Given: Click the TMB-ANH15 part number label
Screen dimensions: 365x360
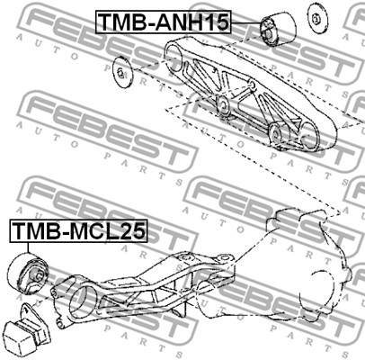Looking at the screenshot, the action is click(x=164, y=22).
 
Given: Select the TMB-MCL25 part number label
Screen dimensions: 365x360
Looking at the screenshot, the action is click(x=79, y=230).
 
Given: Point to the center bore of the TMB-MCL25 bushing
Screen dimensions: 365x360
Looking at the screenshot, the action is click(x=36, y=274).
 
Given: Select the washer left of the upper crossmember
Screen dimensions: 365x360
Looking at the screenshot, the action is click(x=122, y=72).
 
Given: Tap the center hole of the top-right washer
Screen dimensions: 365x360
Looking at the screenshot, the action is click(x=316, y=20).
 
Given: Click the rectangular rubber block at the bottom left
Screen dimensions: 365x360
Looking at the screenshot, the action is click(x=28, y=331).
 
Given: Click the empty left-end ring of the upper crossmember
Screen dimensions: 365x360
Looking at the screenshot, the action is click(x=174, y=57).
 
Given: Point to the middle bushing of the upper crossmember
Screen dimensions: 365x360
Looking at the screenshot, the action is click(x=223, y=104).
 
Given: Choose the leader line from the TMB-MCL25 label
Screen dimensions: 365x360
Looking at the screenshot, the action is click(x=28, y=247).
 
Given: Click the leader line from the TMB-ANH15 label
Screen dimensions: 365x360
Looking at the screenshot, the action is click(x=246, y=22).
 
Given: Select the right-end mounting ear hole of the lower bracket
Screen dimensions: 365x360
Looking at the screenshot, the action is click(x=223, y=258).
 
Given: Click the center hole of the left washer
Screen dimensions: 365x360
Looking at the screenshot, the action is click(x=120, y=72).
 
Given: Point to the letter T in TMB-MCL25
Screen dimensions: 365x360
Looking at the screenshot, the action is click(x=19, y=230).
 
